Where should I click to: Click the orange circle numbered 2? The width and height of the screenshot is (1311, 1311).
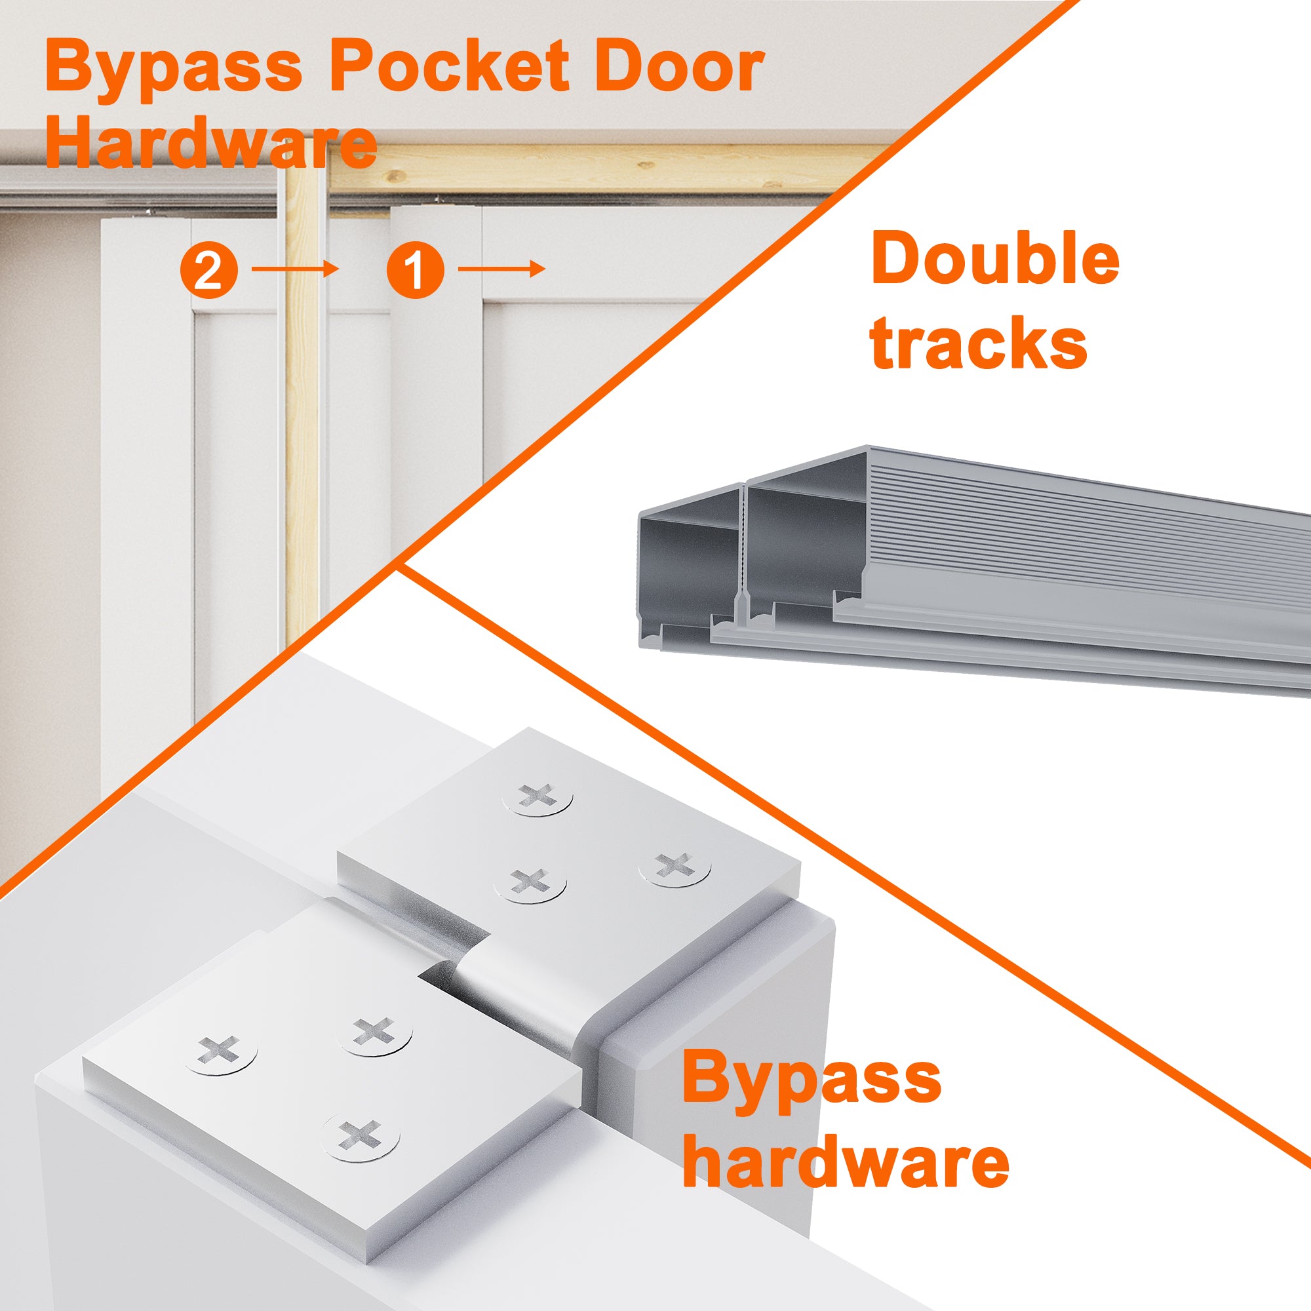tap(209, 270)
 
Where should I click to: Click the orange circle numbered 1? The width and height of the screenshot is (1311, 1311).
tap(416, 270)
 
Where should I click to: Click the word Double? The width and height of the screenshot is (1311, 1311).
tap(995, 260)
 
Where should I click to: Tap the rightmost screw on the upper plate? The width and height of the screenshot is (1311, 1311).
tap(675, 867)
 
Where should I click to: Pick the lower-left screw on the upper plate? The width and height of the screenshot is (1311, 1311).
tap(530, 884)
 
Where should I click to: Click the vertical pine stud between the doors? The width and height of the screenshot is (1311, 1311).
tap(302, 407)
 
